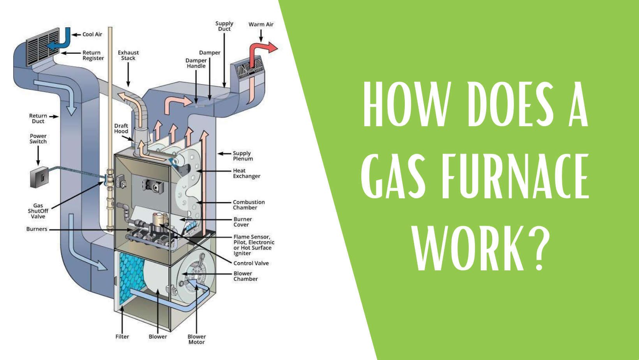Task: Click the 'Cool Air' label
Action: point(92,34)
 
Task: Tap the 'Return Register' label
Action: point(93,55)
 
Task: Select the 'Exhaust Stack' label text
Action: point(128,55)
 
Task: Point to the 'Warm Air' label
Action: point(261,25)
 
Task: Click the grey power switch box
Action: point(39,177)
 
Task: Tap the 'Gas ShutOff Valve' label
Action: point(38,211)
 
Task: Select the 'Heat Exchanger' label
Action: point(246,173)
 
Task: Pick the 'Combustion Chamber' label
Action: point(249,205)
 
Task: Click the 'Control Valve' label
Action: point(251,263)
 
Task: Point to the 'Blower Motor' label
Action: point(196,339)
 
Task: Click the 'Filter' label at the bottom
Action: point(122,337)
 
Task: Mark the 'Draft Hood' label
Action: point(121,129)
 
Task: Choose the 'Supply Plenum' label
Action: point(243,156)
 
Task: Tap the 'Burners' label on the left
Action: point(37,229)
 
